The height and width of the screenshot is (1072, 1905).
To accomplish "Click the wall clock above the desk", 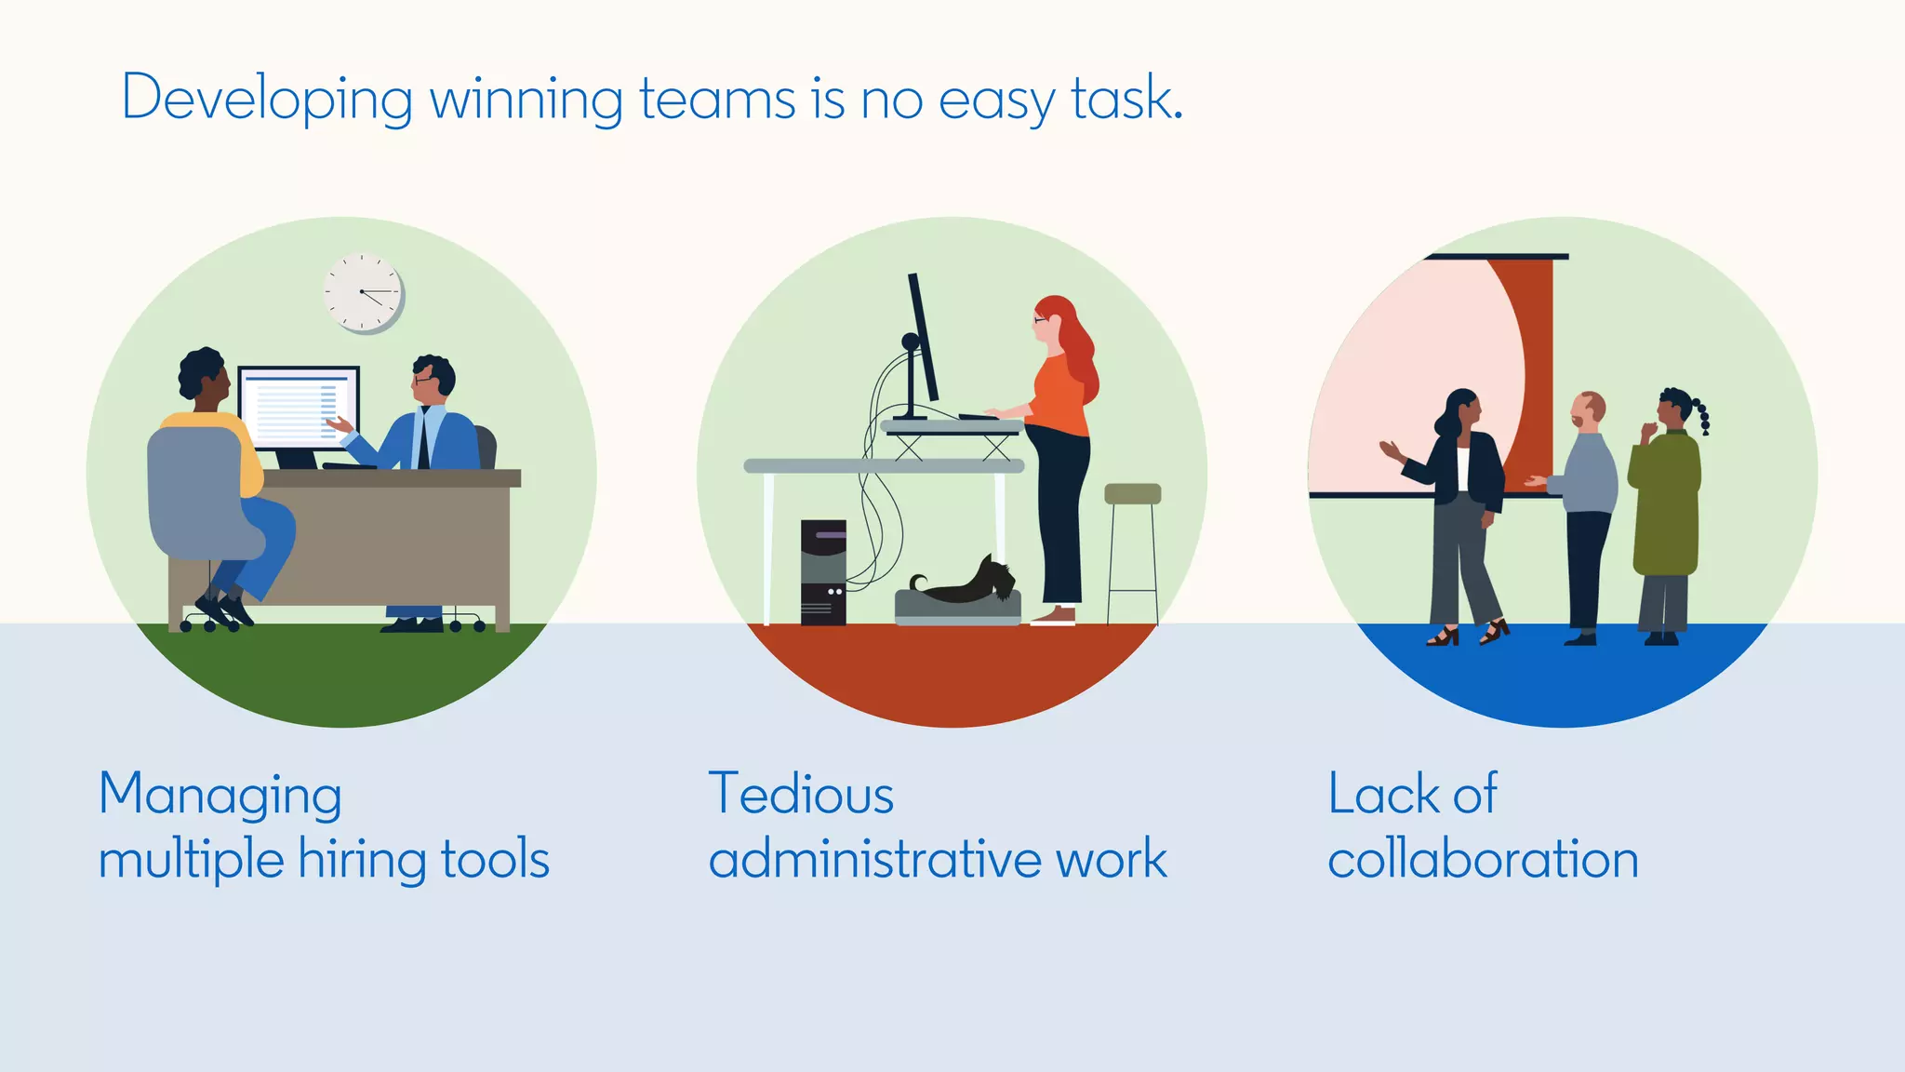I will tap(363, 292).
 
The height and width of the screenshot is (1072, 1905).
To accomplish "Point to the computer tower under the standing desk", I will tap(823, 571).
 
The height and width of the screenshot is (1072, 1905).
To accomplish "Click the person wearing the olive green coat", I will tap(1665, 502).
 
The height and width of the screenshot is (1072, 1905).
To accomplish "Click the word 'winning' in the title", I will tap(526, 99).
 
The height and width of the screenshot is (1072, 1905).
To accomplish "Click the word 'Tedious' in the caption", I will tap(801, 795).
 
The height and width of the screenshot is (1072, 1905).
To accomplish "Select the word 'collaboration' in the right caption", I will tap(1483, 859).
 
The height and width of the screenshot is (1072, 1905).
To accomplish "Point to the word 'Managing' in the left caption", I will tap(220, 797).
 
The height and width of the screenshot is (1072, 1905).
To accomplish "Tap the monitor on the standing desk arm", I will tap(923, 340).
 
